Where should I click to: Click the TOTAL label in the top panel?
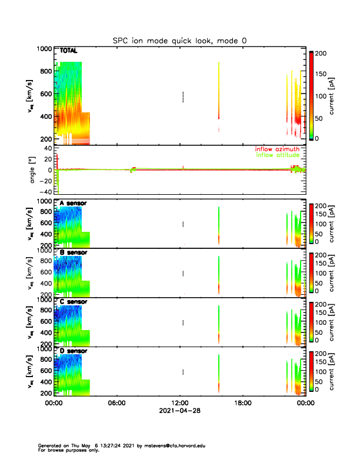pos(69,51)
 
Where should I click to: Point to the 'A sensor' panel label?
pos(73,203)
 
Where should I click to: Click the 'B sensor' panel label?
pos(73,252)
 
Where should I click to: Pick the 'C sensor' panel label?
pos(73,302)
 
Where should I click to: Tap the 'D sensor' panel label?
pos(73,351)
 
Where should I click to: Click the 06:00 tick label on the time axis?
pos(116,404)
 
